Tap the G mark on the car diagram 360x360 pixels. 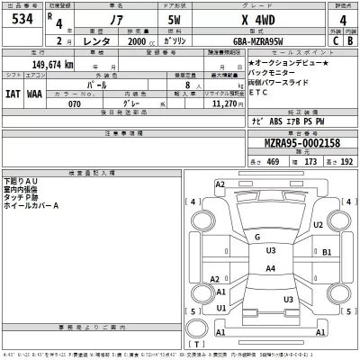(256, 237)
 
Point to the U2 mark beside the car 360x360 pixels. (319, 224)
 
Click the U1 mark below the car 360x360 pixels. (220, 309)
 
